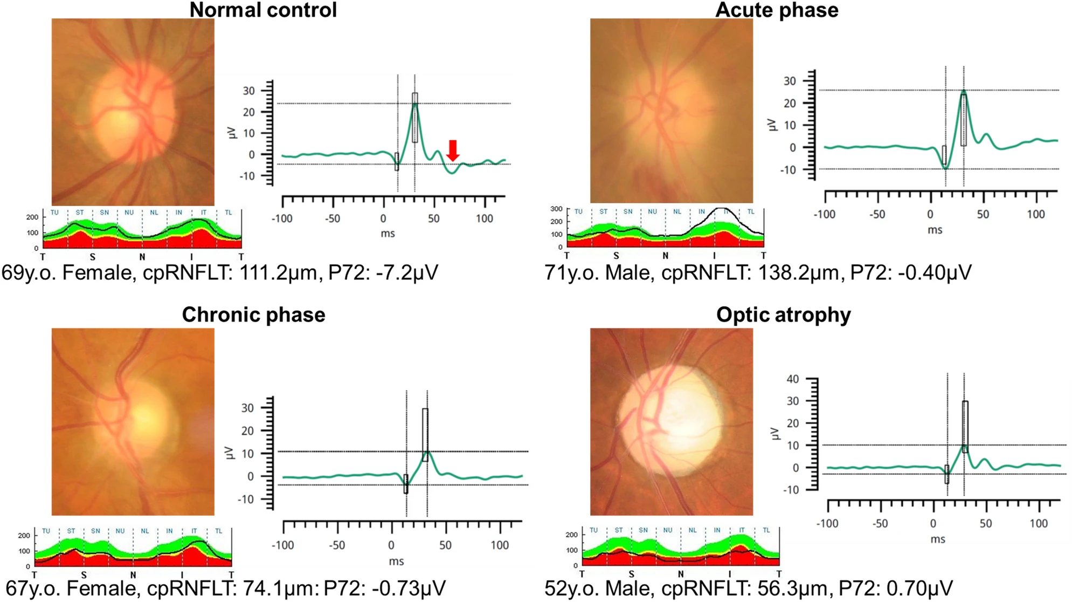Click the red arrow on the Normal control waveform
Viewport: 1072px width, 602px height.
point(453,150)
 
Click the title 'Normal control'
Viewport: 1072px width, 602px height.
point(263,10)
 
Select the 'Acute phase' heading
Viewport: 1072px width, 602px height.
point(776,10)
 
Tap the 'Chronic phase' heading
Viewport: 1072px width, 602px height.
point(253,314)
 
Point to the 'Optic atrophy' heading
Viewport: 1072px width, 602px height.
point(783,314)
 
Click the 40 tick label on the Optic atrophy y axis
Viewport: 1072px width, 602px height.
point(792,379)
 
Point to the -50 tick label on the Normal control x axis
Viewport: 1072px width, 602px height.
point(333,218)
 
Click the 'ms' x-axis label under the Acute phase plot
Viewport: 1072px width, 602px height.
point(935,230)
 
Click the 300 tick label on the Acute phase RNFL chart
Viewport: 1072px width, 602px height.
point(556,209)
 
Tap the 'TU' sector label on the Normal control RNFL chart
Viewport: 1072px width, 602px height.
point(54,213)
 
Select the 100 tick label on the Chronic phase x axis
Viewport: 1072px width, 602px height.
point(499,545)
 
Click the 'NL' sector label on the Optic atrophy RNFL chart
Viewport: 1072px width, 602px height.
point(693,530)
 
